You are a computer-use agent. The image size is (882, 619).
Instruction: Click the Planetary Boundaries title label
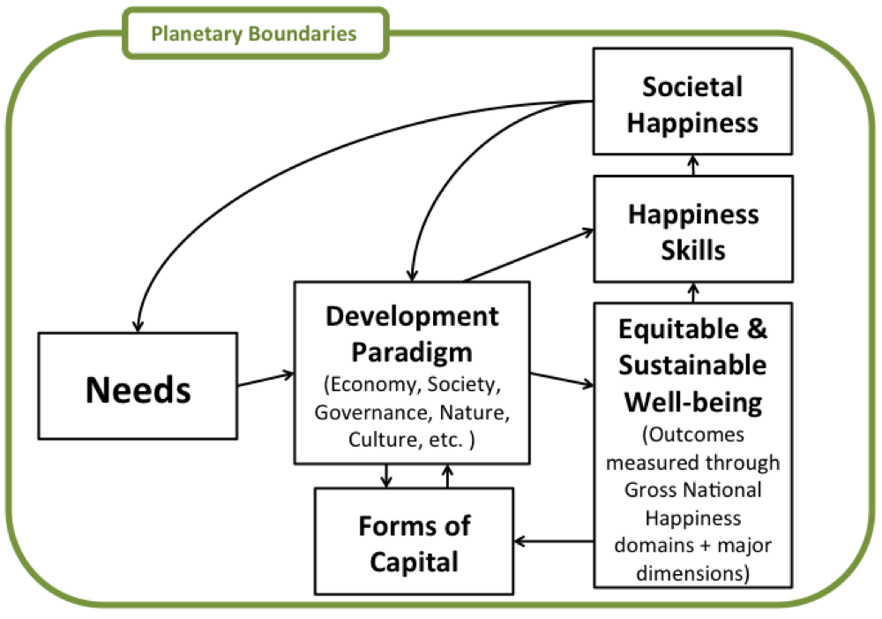pyautogui.click(x=254, y=34)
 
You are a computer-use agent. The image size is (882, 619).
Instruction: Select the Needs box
pyautogui.click(x=138, y=387)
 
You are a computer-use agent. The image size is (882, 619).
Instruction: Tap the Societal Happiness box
pyautogui.click(x=692, y=104)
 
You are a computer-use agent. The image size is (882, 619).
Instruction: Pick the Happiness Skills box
pyautogui.click(x=692, y=232)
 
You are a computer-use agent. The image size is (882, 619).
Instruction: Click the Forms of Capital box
pyautogui.click(x=415, y=542)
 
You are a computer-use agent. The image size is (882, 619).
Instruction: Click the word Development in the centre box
pyautogui.click(x=412, y=316)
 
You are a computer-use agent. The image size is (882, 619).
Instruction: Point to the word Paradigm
pyautogui.click(x=412, y=351)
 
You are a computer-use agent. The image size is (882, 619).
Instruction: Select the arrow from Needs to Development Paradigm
pyautogui.click(x=265, y=378)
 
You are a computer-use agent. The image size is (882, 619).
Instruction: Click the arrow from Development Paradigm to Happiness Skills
pyautogui.click(x=529, y=256)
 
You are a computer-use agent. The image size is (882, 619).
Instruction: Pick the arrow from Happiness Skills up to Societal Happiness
pyautogui.click(x=692, y=166)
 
